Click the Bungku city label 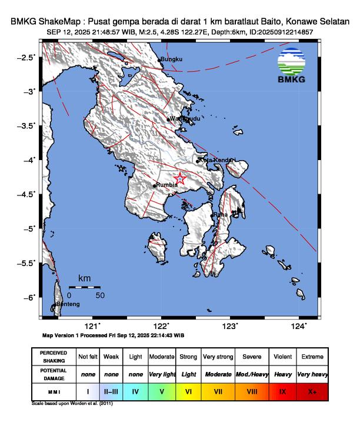172,59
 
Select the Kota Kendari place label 218,160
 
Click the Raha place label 221,215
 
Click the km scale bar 84,287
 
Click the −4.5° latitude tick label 27,194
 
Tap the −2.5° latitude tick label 27,57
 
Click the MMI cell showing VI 188,390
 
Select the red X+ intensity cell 311,390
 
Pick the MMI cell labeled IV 135,390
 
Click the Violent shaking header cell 282,357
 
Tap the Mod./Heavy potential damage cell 252,374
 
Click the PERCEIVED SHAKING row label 54,357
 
